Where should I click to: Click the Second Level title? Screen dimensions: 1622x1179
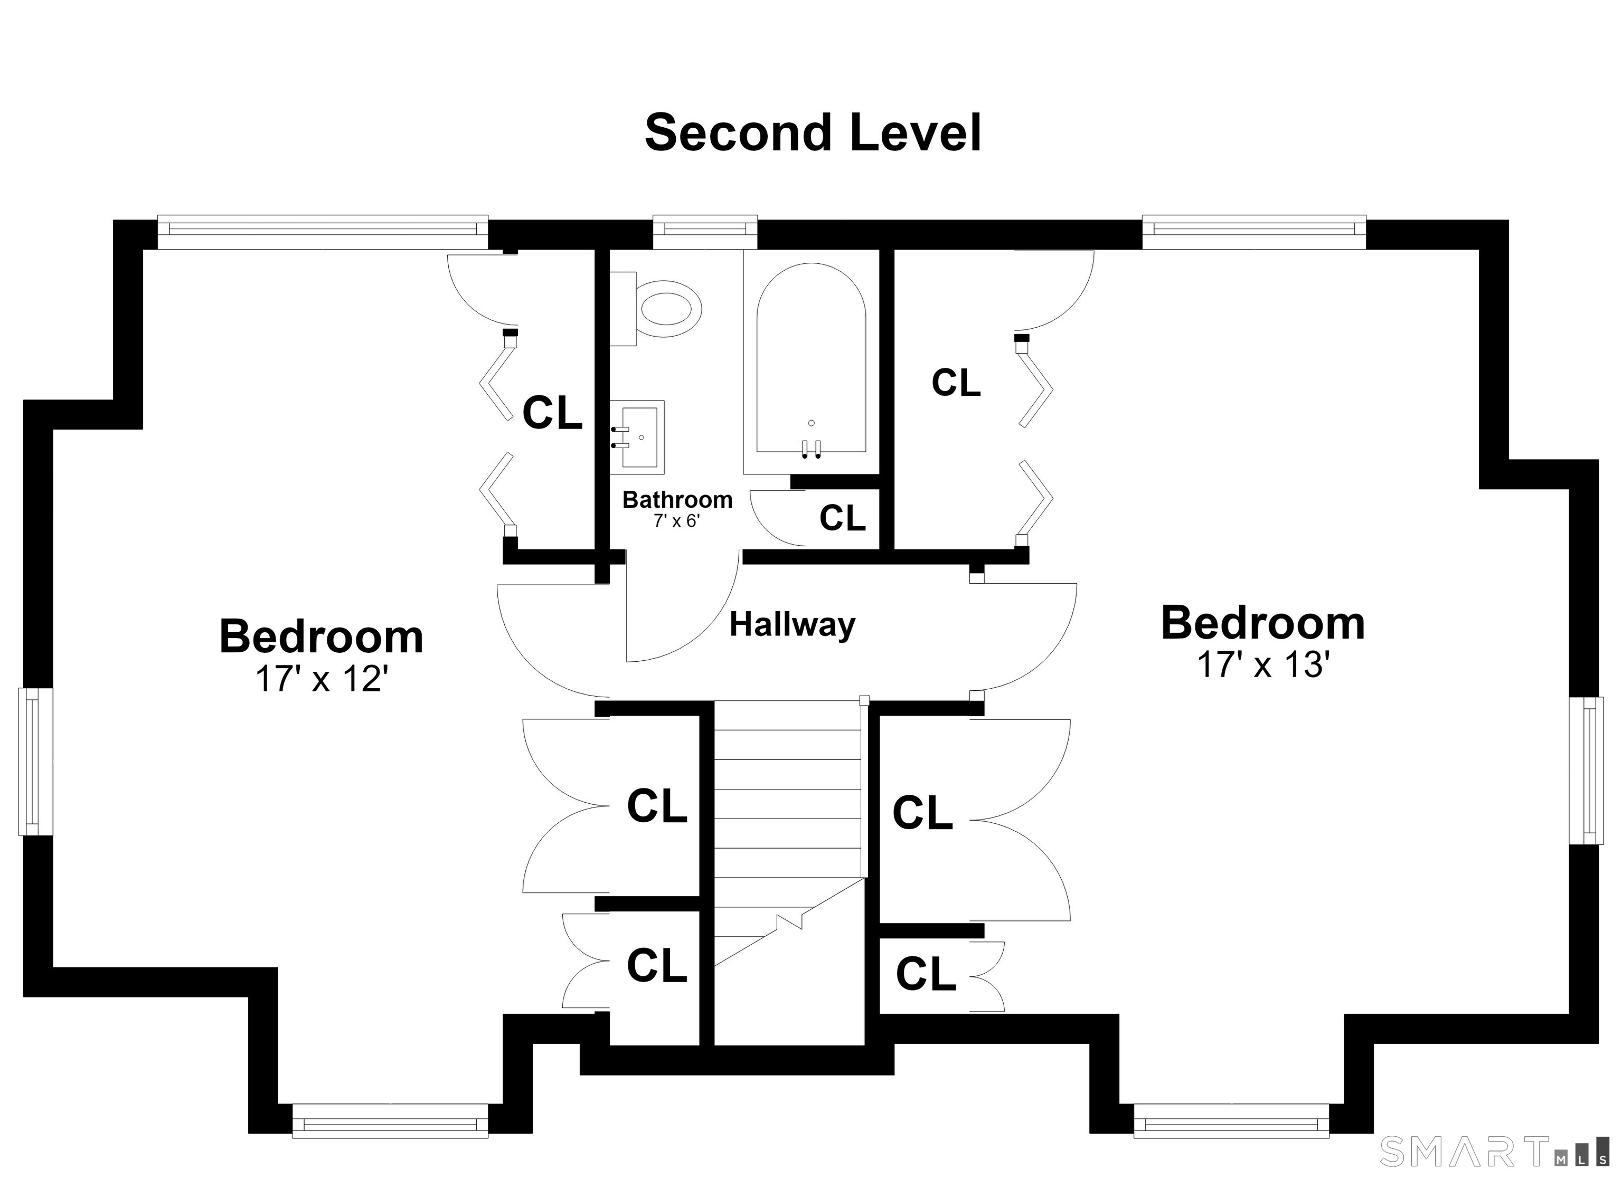pyautogui.click(x=813, y=134)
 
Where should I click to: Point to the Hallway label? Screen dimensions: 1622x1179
pyautogui.click(x=793, y=624)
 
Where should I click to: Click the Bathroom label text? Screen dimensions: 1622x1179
pyautogui.click(x=677, y=499)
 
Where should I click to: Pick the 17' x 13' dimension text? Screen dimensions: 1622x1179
pyautogui.click(x=1263, y=665)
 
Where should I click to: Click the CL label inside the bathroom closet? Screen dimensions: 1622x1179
pyautogui.click(x=843, y=518)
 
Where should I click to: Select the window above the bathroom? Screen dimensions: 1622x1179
pyautogui.click(x=705, y=230)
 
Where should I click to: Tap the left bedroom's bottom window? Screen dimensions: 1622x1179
pyautogui.click(x=391, y=1140)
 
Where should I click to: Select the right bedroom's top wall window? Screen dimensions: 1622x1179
pyautogui.click(x=1253, y=230)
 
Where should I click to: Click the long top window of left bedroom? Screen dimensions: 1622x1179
pyautogui.click(x=323, y=230)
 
